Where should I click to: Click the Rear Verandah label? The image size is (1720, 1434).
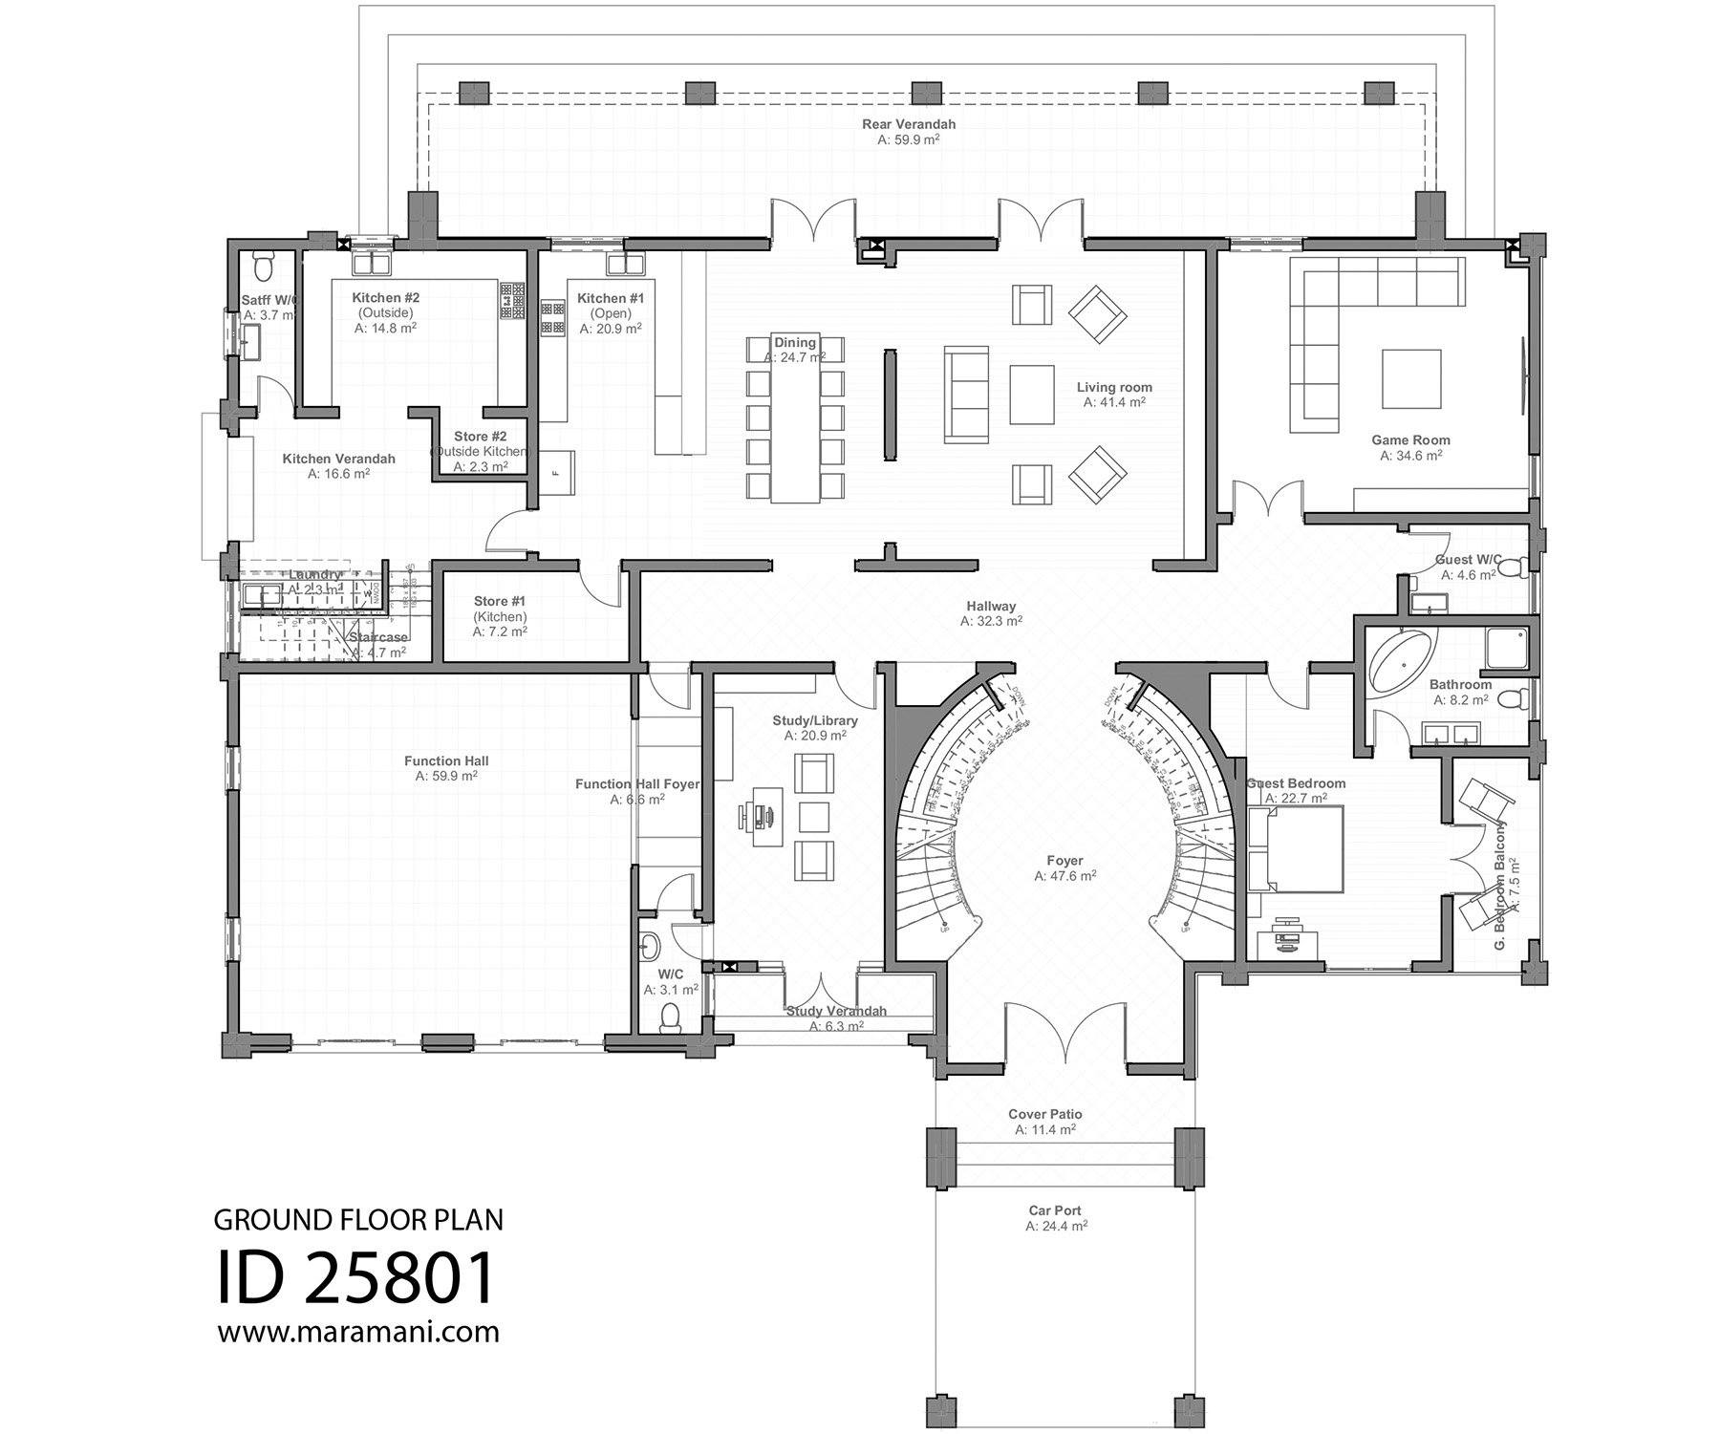(x=908, y=124)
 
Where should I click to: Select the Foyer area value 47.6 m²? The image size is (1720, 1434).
(x=1064, y=875)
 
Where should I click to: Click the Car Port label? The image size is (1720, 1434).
(x=1055, y=1210)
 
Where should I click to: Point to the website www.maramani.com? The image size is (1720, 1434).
(x=358, y=1332)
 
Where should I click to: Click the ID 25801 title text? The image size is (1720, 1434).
(x=355, y=1278)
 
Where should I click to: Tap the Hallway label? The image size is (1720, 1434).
(x=991, y=606)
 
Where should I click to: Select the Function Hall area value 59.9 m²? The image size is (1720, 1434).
(x=446, y=777)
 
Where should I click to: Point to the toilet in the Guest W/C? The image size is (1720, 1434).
(x=1513, y=569)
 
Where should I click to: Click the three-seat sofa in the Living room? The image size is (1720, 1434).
(x=967, y=395)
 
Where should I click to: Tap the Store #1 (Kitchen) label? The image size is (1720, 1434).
(x=500, y=602)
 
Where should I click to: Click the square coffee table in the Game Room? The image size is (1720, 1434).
(x=1410, y=378)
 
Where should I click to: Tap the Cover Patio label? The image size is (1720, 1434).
(x=1044, y=1114)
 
